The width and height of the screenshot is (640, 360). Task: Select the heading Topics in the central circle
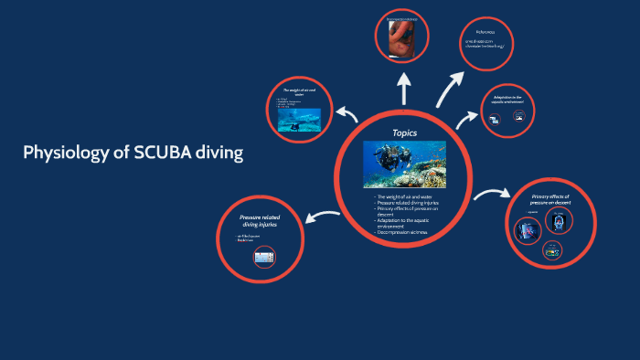404,132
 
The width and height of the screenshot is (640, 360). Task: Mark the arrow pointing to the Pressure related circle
324,215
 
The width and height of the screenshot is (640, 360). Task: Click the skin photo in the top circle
402,37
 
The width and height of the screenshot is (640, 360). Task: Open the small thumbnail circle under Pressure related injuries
264,259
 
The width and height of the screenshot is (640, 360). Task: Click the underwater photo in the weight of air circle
299,120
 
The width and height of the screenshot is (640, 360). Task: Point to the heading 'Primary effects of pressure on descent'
550,200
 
